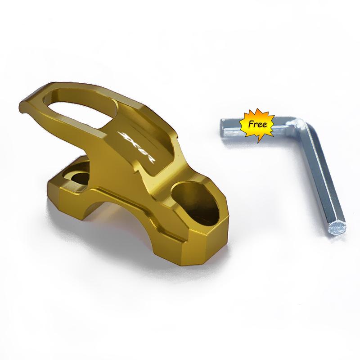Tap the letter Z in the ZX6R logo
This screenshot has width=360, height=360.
(123, 135)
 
